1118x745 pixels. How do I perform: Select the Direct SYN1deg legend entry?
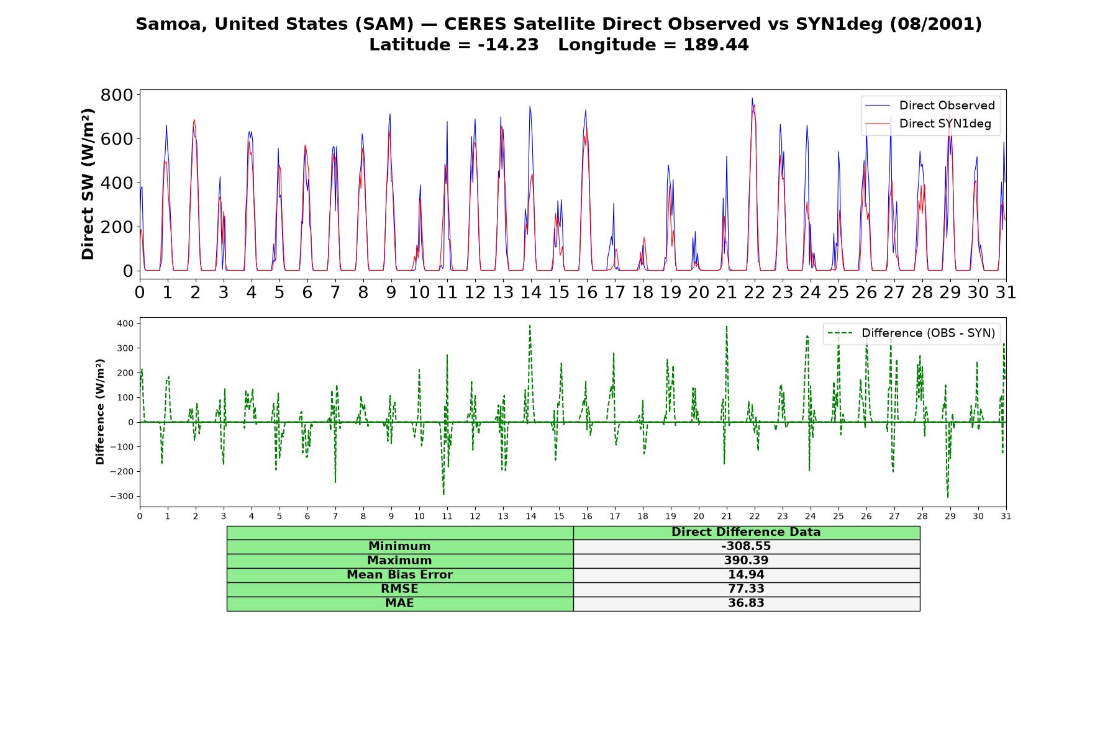point(929,124)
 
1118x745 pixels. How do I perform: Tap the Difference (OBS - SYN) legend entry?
point(911,333)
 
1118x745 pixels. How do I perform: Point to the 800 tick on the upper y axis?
point(117,95)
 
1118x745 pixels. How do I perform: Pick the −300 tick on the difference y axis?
point(122,496)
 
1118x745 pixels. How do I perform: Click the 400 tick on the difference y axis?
point(125,323)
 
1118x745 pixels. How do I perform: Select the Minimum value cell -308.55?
point(746,546)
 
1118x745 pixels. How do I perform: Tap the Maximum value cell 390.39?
point(746,561)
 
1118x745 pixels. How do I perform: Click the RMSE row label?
point(399,589)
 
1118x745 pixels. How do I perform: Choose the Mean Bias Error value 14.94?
point(746,575)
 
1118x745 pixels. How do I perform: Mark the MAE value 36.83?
point(746,603)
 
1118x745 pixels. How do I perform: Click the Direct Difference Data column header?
point(746,532)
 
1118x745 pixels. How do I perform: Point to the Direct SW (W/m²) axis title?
point(88,184)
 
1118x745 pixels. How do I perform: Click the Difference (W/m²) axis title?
point(100,412)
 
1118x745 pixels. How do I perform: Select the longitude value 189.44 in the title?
point(716,45)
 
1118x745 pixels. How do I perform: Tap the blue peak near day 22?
point(752,98)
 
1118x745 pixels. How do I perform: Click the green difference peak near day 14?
point(530,325)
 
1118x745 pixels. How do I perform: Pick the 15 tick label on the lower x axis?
point(559,516)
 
